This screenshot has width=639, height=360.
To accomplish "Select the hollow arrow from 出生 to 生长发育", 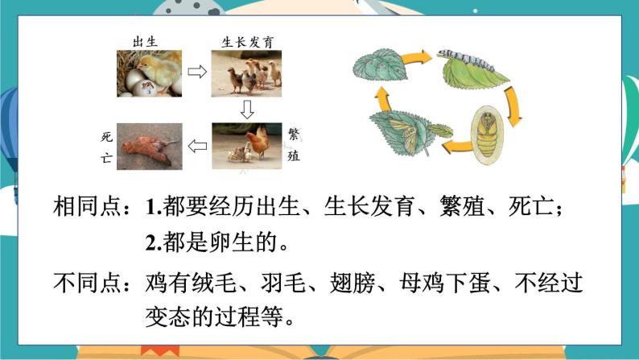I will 196,72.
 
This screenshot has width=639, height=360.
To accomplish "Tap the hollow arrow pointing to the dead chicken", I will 196,146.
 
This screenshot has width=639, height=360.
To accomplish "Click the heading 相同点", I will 87,206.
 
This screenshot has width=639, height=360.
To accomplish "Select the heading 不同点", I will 87,283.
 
